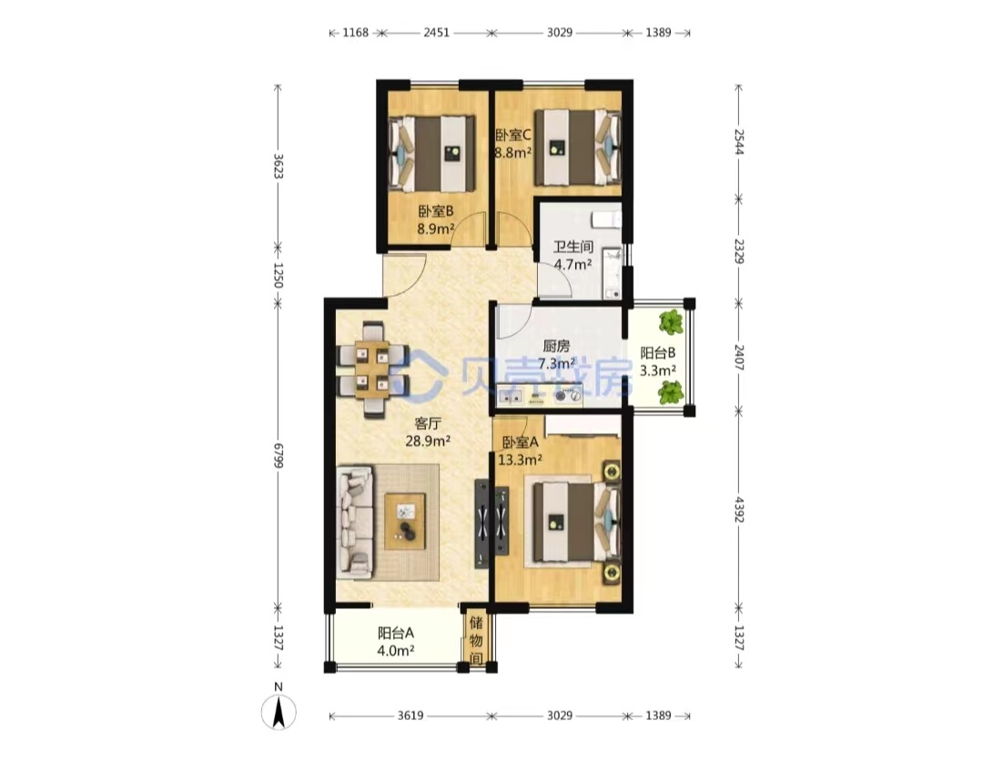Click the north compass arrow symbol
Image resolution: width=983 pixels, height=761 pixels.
click(279, 712)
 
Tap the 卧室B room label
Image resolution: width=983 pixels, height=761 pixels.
click(436, 211)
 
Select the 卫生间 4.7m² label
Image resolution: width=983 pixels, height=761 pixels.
click(573, 255)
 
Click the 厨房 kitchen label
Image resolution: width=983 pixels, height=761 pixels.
click(557, 345)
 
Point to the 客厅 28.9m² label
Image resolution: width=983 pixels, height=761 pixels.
click(428, 431)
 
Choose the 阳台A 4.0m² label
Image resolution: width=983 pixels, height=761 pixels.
click(396, 642)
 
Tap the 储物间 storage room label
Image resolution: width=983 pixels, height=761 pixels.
click(476, 641)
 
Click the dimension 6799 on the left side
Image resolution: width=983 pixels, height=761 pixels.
click(279, 456)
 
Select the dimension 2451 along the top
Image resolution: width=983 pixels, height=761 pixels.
click(436, 33)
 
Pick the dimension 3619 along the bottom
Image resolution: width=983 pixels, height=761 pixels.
click(410, 715)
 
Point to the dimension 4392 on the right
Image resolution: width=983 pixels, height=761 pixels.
click(739, 510)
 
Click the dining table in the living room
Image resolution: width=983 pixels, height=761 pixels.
click(372, 370)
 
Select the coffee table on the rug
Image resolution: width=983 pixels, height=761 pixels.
click(405, 522)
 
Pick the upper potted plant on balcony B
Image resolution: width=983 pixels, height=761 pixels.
click(672, 322)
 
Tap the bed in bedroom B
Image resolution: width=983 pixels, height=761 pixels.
click(432, 154)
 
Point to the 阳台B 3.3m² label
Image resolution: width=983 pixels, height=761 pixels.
click(658, 361)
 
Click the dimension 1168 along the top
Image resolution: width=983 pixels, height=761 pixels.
click(356, 33)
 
